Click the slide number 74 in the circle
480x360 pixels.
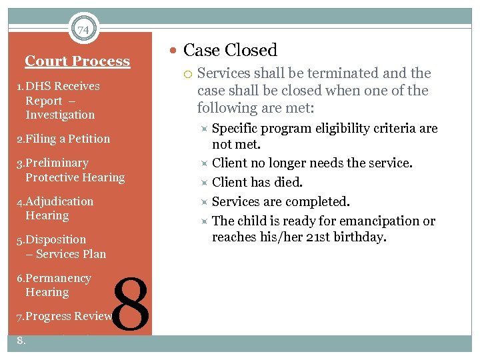(83, 30)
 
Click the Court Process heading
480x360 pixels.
(77, 61)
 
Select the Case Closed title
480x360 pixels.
(230, 50)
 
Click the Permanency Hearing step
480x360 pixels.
(54, 285)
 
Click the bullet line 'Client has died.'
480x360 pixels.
(257, 182)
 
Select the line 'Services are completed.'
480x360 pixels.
(280, 201)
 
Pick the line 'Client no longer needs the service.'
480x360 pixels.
(312, 163)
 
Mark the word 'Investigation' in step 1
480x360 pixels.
(60, 115)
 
